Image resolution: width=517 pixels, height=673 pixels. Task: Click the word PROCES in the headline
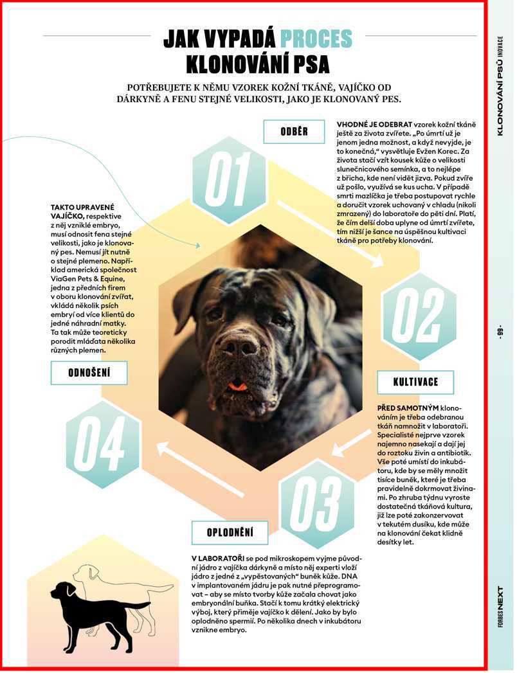click(x=316, y=39)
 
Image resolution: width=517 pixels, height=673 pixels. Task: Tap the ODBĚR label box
click(x=294, y=132)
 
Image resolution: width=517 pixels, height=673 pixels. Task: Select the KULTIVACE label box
click(x=415, y=382)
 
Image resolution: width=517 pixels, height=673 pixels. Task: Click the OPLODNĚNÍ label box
click(x=230, y=532)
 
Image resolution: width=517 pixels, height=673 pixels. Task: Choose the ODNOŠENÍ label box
click(x=89, y=373)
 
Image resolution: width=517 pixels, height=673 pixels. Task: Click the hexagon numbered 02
click(x=419, y=315)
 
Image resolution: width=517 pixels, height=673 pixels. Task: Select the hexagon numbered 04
click(x=103, y=444)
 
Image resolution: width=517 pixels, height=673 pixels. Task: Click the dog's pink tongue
click(x=238, y=386)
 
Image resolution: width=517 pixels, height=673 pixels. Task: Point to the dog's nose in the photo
click(x=239, y=348)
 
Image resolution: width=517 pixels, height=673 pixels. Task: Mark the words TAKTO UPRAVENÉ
click(x=82, y=208)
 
